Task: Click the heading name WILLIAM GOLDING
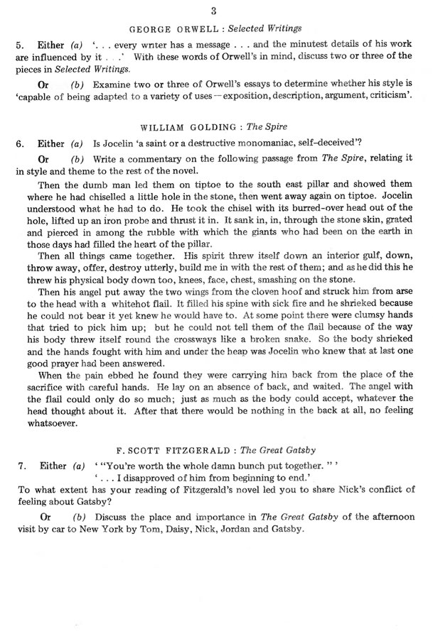tap(184, 126)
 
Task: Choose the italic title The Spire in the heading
tap(264, 126)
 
